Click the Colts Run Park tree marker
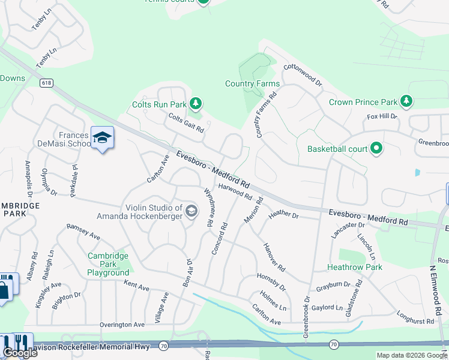point(195,104)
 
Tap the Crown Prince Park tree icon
point(407,101)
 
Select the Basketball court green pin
point(376,148)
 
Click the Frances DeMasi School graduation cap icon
point(102,139)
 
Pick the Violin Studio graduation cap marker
point(191,211)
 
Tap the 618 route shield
point(46,83)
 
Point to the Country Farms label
point(244,83)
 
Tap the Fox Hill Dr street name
point(382,116)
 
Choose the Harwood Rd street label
point(235,191)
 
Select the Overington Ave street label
point(122,325)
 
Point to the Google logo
point(20,352)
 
